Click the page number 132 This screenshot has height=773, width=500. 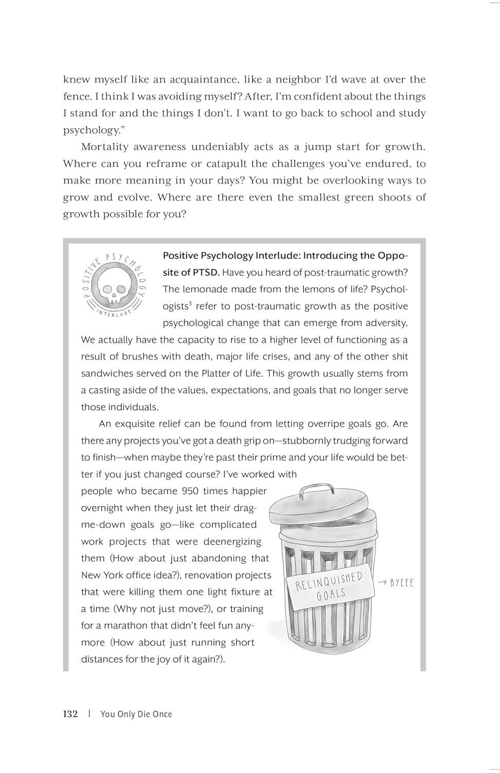(x=70, y=714)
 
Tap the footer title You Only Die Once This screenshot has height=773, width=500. (x=136, y=714)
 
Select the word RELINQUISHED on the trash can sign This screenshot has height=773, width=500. (x=329, y=581)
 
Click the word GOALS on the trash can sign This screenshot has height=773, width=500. (x=331, y=595)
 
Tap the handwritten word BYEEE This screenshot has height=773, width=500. (x=402, y=583)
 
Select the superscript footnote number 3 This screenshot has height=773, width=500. (x=190, y=304)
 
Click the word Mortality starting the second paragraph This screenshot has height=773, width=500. (x=105, y=147)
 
